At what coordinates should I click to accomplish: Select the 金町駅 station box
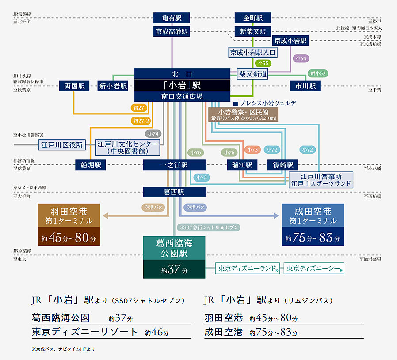tap(253, 18)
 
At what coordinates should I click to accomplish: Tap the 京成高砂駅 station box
tap(172, 31)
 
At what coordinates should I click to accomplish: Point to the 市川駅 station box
tap(305, 86)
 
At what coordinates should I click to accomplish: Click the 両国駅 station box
tap(74, 86)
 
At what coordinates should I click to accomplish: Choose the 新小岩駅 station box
tap(113, 86)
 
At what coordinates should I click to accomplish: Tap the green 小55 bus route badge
tap(264, 64)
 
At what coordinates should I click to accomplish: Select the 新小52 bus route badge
tap(318, 73)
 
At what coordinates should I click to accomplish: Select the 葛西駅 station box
tap(174, 192)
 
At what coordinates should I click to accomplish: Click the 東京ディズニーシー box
tap(314, 269)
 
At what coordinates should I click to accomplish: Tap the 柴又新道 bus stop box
tap(252, 74)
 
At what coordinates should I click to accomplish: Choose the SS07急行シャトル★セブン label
tap(210, 227)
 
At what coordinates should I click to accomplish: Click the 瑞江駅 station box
tap(242, 165)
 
